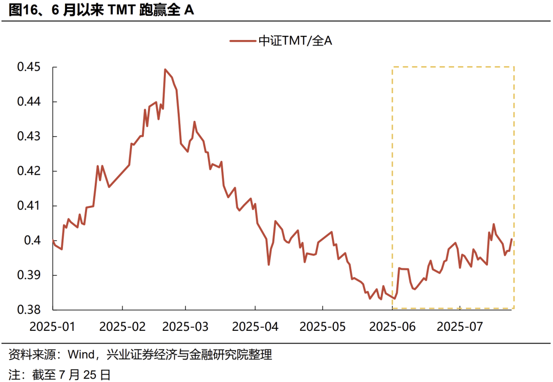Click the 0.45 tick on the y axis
coord(30,67)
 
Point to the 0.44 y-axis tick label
coord(30,102)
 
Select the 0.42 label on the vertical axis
coord(30,171)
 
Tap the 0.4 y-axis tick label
coord(35,240)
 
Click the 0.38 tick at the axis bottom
coord(30,309)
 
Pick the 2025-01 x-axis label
coord(52,326)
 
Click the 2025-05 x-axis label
coord(323,326)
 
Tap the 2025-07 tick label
coord(460,326)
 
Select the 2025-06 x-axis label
coord(392,326)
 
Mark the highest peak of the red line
coord(165,69)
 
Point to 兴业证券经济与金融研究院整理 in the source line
coord(189,354)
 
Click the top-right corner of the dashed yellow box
coord(514,67)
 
